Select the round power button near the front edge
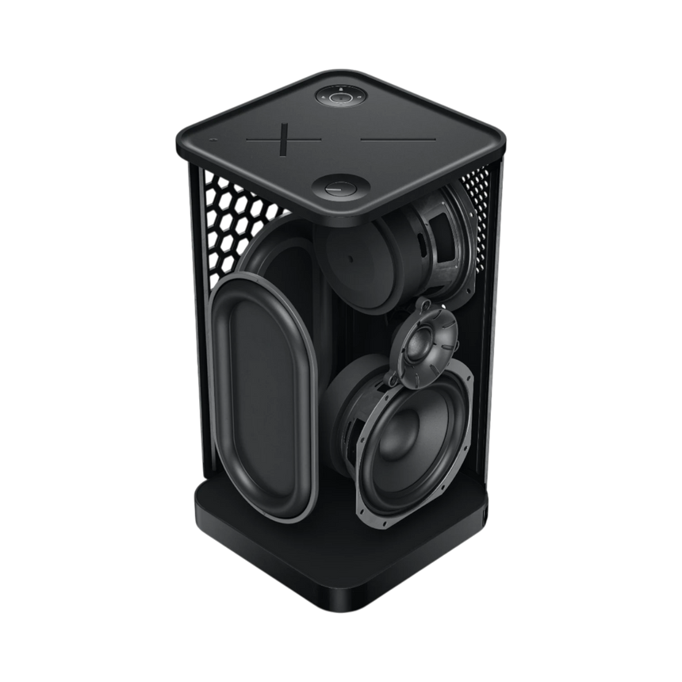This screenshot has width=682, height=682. [x=337, y=190]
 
